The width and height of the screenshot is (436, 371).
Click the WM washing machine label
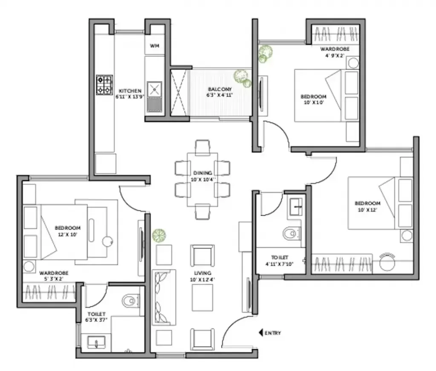[154, 46]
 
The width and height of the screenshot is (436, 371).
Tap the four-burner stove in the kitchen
[104, 85]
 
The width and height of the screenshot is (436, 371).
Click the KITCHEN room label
[130, 91]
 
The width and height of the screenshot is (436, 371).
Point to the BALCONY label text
[220, 89]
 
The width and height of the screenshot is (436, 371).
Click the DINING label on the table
[202, 173]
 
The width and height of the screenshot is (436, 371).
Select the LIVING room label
[202, 272]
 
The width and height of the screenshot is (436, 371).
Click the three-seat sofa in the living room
[164, 297]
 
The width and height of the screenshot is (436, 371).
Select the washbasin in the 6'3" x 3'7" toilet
[96, 342]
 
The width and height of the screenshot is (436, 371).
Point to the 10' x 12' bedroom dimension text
[367, 209]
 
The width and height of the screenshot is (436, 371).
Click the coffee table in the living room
[202, 298]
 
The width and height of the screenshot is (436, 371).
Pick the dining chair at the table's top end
[202, 148]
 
